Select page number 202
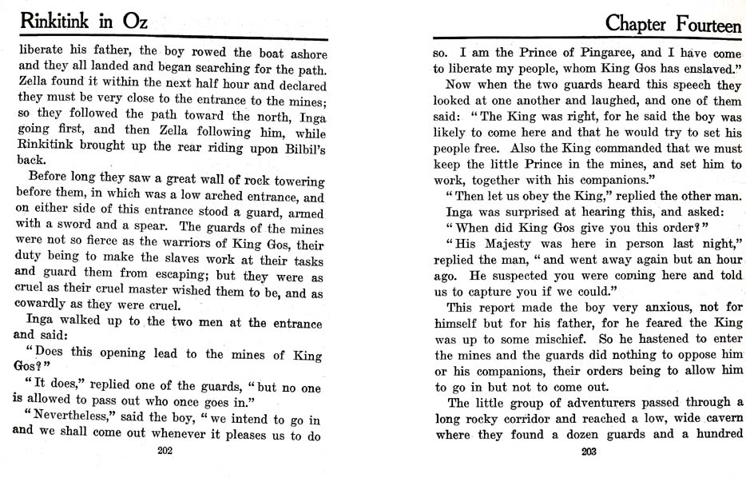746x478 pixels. coord(165,451)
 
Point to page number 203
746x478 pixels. coord(589,451)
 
